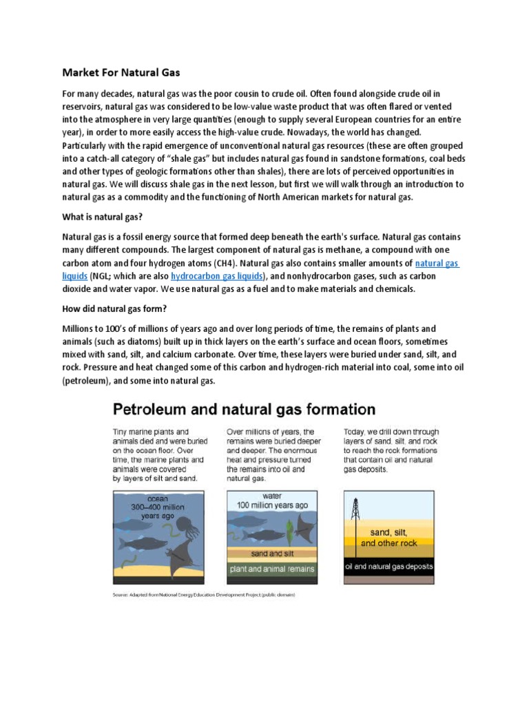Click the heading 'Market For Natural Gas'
121,72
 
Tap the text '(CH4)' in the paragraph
225,263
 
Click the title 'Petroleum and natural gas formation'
244,410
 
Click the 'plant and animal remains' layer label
271,569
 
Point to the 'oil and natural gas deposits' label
388,567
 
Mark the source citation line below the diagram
204,595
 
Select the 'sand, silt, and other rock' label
388,538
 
